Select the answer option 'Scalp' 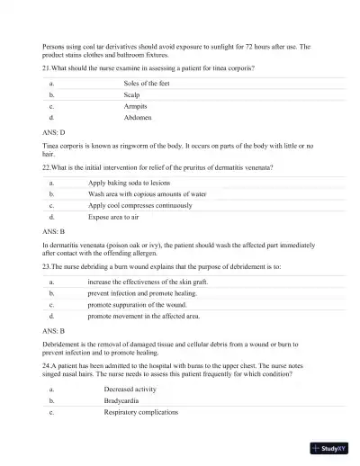point(131,94)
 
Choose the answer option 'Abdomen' point(137,118)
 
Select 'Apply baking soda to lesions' point(130,182)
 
